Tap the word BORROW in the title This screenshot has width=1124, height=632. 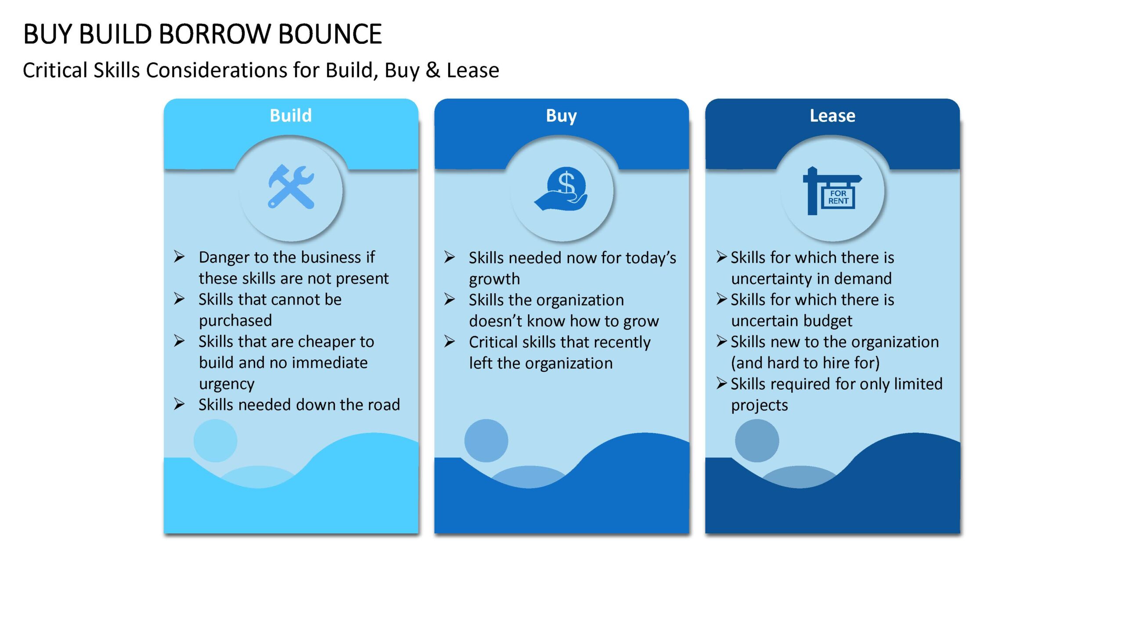pos(215,34)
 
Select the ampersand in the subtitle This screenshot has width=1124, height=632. pos(433,70)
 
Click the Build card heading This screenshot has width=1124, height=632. pos(291,115)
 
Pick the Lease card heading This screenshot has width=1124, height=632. pos(832,115)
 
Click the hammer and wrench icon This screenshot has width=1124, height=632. pos(291,187)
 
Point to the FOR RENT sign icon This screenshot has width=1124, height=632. pos(832,191)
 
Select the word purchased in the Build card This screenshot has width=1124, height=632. pos(235,321)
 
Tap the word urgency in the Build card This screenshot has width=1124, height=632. pos(227,384)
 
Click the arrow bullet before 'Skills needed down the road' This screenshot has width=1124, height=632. pos(179,404)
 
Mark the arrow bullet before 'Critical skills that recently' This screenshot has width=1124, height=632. pos(450,341)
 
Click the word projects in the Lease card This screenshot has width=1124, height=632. pos(760,405)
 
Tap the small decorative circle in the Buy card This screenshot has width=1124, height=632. pos(486,441)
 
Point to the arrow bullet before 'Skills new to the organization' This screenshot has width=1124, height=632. pos(722,341)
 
